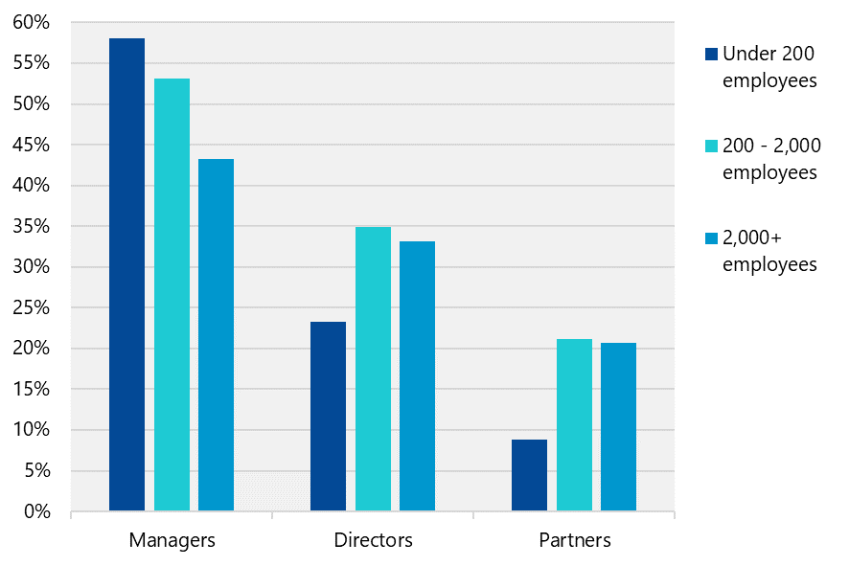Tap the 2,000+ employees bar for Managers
[216, 334]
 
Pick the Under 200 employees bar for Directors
[328, 416]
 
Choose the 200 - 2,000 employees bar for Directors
[373, 369]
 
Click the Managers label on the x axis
[172, 540]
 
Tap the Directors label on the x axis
[373, 540]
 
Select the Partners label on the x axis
[574, 540]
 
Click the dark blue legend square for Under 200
[710, 54]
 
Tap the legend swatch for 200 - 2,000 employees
[710, 146]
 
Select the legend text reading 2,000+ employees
[769, 251]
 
